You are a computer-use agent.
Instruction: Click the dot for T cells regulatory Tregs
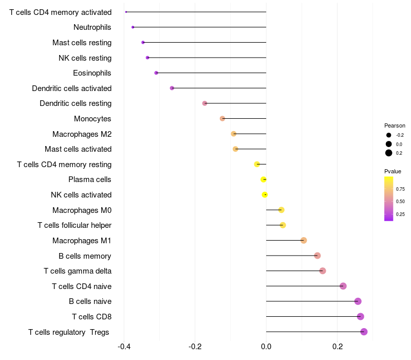pos(364,332)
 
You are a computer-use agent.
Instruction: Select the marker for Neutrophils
pos(133,27)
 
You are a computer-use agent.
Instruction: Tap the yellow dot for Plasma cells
pos(264,179)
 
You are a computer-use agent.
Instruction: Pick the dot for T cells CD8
pos(361,316)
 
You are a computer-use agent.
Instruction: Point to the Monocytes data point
pos(222,118)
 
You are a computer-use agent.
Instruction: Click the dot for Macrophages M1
pos(304,240)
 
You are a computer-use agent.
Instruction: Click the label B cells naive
pos(90,301)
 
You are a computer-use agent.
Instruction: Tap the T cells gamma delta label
pos(78,271)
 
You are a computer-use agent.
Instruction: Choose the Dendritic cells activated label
pos(71,88)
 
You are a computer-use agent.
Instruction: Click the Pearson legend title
pos(395,125)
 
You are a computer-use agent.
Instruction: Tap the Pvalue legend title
pos(393,171)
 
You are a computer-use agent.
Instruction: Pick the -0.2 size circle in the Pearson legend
pos(389,135)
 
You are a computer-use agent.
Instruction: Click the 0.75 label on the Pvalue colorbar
pos(400,189)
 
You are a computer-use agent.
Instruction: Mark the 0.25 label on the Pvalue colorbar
pos(400,214)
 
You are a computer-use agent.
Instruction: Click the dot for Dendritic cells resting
pos(204,103)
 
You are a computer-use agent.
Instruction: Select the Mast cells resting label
pos(82,43)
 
